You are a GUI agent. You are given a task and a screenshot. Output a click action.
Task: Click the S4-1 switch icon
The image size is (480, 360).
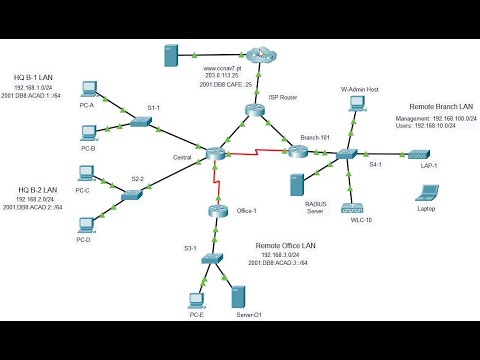[346, 154]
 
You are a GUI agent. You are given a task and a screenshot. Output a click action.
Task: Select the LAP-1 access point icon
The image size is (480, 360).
[416, 154]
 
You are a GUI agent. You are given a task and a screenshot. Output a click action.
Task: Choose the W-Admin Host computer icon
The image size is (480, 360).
[356, 107]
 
